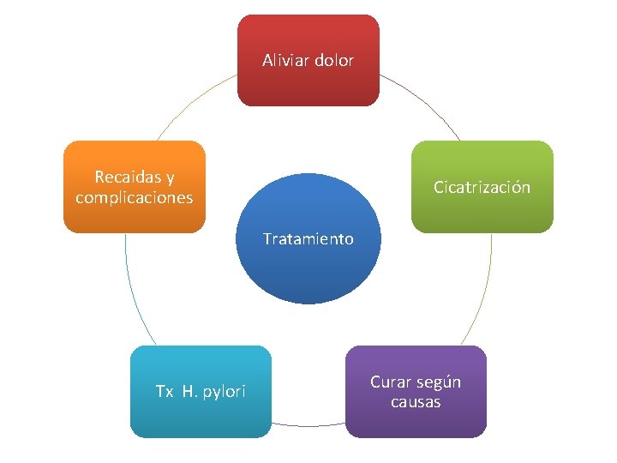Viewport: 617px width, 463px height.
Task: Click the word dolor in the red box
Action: (x=333, y=61)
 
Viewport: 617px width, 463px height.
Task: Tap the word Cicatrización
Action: (x=482, y=187)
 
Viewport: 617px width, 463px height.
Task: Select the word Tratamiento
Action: (x=308, y=239)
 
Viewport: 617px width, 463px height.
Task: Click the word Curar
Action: (x=390, y=382)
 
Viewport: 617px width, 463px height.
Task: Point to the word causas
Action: (x=416, y=401)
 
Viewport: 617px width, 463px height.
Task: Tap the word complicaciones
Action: (x=135, y=198)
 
